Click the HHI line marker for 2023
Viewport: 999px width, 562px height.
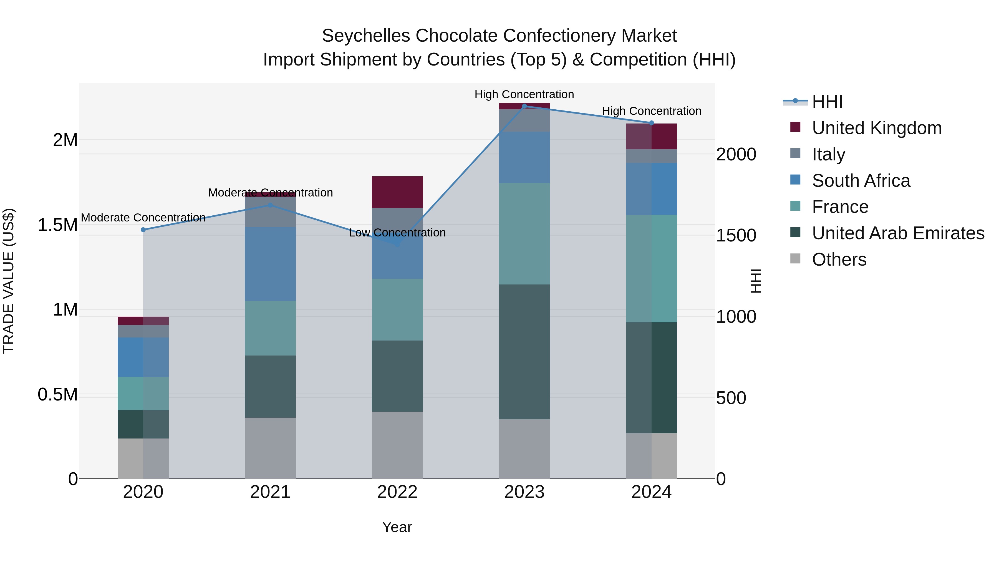(524, 106)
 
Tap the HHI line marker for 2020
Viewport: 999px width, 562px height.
(143, 230)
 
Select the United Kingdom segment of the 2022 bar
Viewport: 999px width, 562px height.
(397, 192)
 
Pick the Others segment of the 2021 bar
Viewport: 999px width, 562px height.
(270, 448)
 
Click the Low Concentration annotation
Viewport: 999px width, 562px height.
(397, 233)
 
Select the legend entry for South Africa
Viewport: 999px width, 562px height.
(861, 181)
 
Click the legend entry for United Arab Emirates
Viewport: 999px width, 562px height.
(898, 233)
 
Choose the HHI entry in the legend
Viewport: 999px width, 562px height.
(827, 102)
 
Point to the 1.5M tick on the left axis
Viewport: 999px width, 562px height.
(57, 225)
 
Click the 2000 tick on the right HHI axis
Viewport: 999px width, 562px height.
(736, 154)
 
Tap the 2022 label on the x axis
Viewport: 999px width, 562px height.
(397, 492)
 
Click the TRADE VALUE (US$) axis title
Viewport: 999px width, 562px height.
(9, 281)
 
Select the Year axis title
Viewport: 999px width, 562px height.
(397, 527)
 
